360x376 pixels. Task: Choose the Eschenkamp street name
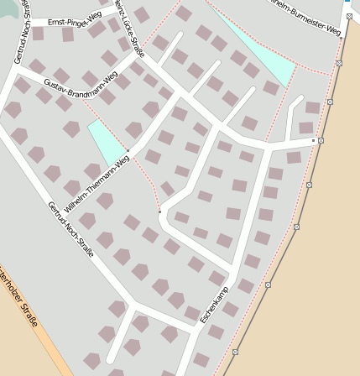(x=214, y=305)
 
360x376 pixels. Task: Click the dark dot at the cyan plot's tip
(x=128, y=151)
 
